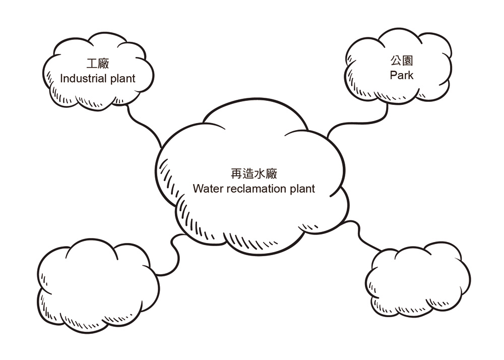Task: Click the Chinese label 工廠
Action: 98,64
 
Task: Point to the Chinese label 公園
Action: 402,62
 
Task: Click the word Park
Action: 402,76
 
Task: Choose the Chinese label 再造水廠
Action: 254,174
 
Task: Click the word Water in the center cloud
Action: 207,189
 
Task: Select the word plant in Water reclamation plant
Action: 302,189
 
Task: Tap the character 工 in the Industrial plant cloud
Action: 92,64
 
